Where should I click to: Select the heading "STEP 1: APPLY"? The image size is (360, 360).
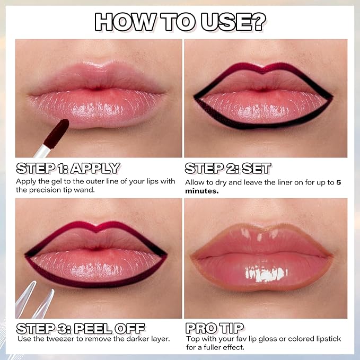pyautogui.click(x=68, y=169)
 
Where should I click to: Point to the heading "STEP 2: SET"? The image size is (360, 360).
pyautogui.click(x=228, y=169)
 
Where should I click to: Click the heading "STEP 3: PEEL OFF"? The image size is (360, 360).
pyautogui.click(x=81, y=328)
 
